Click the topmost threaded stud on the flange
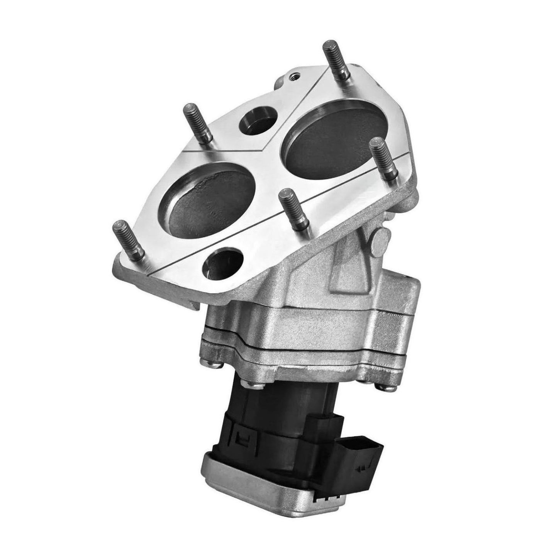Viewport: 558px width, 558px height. pyautogui.click(x=336, y=62)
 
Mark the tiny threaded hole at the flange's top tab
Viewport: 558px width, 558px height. pyautogui.click(x=295, y=73)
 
